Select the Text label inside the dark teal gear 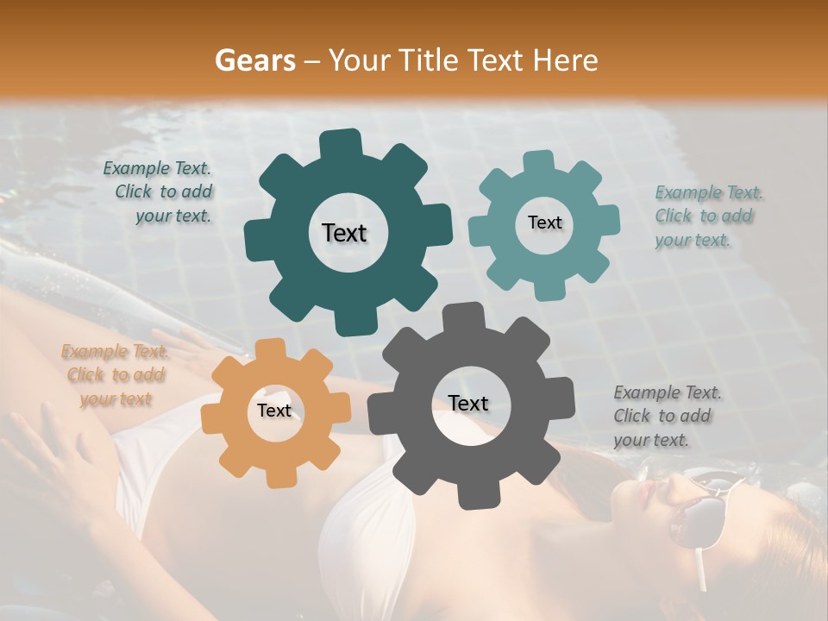tap(344, 233)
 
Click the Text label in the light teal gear tap(544, 223)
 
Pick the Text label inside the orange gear tap(274, 411)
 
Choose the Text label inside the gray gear tap(468, 403)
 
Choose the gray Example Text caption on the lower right tap(665, 416)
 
